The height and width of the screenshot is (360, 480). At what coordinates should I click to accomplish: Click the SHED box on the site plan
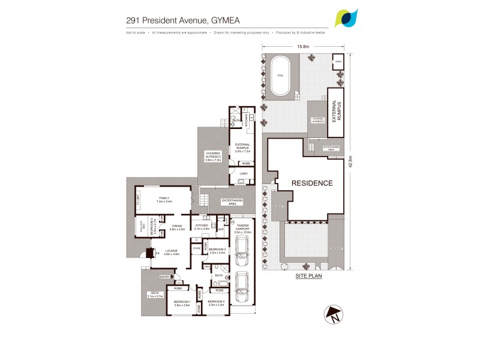(338, 61)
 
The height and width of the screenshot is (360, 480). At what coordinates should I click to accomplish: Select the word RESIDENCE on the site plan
(311, 183)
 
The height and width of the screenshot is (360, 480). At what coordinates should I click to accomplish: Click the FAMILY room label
(163, 199)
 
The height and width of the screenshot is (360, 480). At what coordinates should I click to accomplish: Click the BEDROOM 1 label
(182, 302)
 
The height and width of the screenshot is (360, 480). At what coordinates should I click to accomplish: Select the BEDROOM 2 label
(216, 302)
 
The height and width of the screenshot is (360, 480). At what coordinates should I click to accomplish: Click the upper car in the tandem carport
(242, 250)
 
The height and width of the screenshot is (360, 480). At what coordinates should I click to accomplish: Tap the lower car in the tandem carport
(242, 289)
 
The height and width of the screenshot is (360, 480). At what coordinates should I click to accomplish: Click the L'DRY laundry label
(244, 174)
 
